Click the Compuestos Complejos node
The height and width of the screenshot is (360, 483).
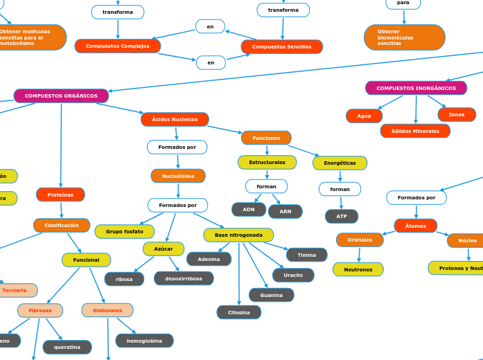point(118,46)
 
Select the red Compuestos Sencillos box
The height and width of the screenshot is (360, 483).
point(281,47)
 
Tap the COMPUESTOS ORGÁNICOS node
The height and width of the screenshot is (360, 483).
point(61,96)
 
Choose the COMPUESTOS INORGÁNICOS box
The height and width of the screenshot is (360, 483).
point(416,89)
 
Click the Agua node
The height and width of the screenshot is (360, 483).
point(364,116)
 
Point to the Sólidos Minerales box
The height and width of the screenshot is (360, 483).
point(415,131)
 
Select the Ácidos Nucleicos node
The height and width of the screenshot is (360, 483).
point(175,120)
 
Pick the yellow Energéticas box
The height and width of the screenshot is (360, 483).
point(340,163)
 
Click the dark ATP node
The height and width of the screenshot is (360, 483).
point(342,217)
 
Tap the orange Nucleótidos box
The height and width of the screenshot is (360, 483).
point(178,177)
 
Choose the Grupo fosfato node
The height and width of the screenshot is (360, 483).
point(125,232)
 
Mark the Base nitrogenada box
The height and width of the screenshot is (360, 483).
point(238,235)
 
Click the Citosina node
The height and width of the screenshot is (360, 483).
point(238,313)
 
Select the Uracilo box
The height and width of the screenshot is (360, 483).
point(293,276)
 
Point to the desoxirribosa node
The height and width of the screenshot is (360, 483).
point(184,279)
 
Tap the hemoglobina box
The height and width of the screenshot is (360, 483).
point(144,341)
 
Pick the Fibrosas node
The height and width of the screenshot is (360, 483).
point(40,311)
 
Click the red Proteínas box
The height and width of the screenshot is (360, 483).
point(60,195)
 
